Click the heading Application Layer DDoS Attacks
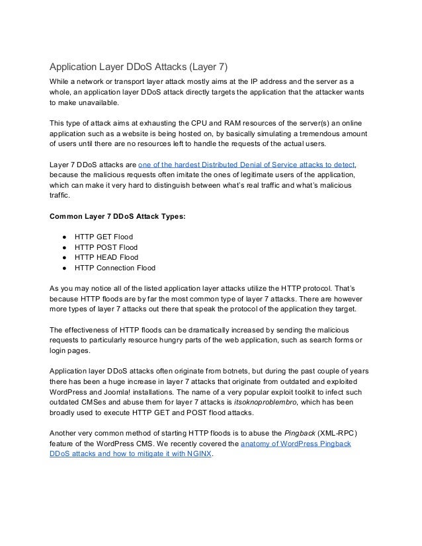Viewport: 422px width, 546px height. [139, 67]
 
